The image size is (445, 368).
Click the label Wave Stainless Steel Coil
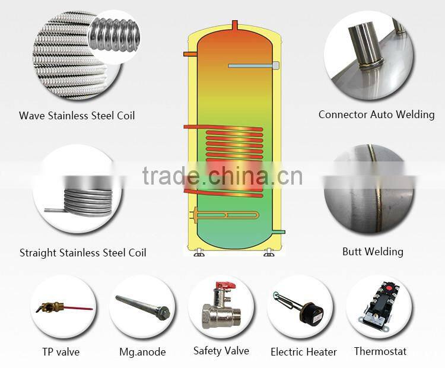(x=77, y=115)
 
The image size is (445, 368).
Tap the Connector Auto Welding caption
(x=376, y=114)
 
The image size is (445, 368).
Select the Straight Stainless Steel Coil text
(x=82, y=253)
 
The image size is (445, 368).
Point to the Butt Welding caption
(x=373, y=252)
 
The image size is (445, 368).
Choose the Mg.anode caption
(x=142, y=351)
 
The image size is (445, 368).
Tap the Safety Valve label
(x=221, y=351)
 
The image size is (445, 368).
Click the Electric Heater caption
(x=303, y=352)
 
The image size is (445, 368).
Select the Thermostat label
(x=380, y=351)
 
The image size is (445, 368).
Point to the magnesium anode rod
(x=143, y=306)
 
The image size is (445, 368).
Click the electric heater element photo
(x=300, y=307)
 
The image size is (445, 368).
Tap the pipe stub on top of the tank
(x=234, y=27)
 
